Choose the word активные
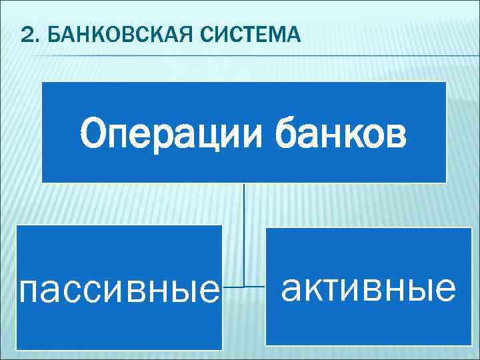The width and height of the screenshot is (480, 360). tap(368, 288)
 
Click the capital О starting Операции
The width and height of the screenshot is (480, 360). tap(94, 135)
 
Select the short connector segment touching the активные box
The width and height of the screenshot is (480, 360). tap(255, 287)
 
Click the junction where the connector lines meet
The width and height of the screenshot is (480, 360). tap(244, 287)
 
